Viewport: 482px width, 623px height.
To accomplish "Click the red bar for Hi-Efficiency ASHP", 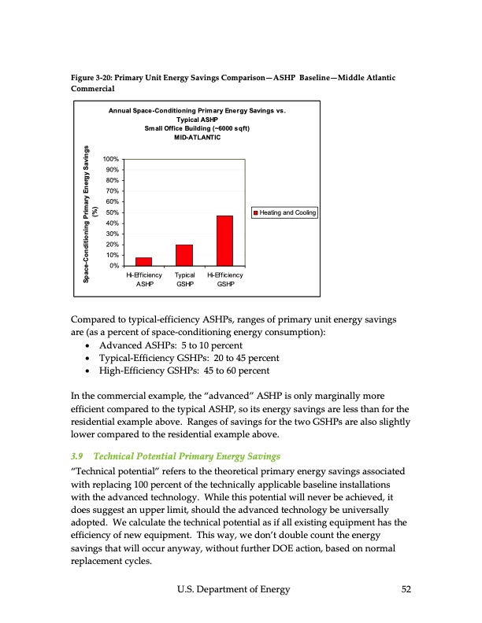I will point(143,261).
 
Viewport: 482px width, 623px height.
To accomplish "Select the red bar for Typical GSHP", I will point(184,255).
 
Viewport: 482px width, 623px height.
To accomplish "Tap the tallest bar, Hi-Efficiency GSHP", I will point(225,241).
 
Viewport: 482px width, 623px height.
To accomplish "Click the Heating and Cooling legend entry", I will point(284,212).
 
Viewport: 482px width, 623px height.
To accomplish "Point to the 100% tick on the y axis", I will point(111,160).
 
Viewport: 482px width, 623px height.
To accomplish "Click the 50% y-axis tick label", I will point(113,212).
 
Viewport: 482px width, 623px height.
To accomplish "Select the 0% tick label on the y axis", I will point(114,266).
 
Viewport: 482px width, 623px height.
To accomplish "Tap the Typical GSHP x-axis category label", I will point(185,279).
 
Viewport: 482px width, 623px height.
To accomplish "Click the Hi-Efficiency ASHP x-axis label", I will point(143,279).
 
